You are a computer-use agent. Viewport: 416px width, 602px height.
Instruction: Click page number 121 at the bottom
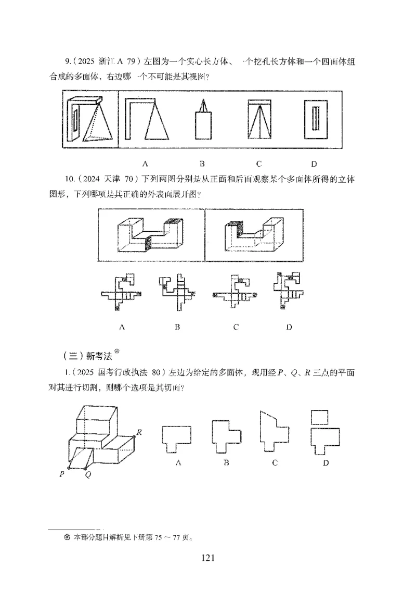tap(207, 558)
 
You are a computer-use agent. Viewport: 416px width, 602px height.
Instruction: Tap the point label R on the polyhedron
tap(139, 432)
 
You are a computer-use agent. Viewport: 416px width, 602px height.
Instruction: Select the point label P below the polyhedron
tap(62, 474)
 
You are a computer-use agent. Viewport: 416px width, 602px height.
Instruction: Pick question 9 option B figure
tap(203, 121)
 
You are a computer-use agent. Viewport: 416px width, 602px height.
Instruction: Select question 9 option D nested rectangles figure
tap(314, 120)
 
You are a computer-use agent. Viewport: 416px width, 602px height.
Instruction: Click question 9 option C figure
tap(258, 120)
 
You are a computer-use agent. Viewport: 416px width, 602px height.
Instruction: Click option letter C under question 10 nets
tap(236, 328)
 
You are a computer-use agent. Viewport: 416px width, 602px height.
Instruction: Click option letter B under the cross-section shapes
tap(226, 463)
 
